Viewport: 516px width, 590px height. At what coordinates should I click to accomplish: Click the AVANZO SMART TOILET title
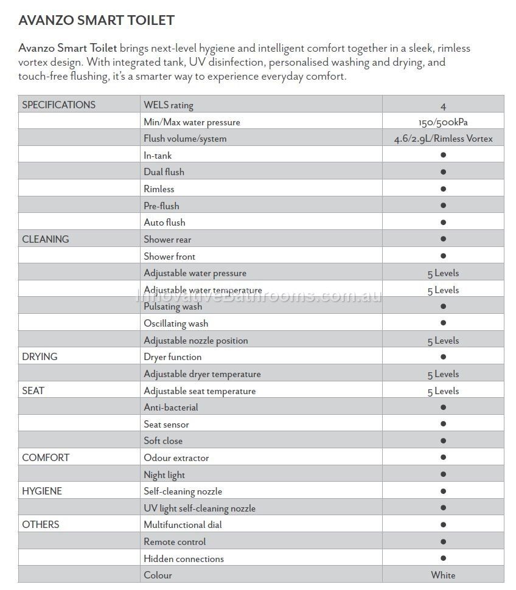[x=96, y=20]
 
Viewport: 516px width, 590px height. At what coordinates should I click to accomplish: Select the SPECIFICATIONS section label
[x=58, y=105]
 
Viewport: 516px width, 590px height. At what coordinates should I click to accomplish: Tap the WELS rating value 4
[x=443, y=106]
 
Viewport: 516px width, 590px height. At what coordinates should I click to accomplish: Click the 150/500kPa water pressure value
[x=443, y=122]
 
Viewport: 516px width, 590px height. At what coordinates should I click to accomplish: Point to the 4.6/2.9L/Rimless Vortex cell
[x=443, y=139]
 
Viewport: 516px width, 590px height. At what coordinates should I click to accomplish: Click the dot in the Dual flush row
[x=443, y=172]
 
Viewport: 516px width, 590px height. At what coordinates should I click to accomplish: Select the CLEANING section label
[x=46, y=239]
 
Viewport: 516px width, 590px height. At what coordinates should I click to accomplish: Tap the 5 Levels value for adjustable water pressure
[x=443, y=273]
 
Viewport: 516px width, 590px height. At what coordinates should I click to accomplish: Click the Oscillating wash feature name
[x=176, y=324]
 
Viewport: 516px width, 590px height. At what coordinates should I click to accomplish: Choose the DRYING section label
[x=40, y=356]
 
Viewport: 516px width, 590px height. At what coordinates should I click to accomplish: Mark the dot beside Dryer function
[x=443, y=357]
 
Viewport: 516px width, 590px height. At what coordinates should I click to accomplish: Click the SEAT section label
[x=33, y=390]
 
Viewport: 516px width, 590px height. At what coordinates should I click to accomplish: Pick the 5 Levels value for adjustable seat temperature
[x=443, y=391]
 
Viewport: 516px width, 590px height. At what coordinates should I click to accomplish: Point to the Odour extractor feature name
[x=176, y=458]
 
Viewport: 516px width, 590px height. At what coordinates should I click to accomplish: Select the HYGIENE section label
[x=42, y=491]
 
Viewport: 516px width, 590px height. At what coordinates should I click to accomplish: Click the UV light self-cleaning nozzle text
[x=200, y=508]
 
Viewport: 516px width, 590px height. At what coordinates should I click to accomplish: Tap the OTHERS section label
[x=41, y=524]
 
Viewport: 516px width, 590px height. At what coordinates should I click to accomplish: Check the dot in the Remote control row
[x=443, y=541]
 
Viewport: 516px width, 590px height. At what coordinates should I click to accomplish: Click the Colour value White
[x=443, y=575]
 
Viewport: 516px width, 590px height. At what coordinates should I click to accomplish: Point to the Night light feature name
[x=164, y=475]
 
